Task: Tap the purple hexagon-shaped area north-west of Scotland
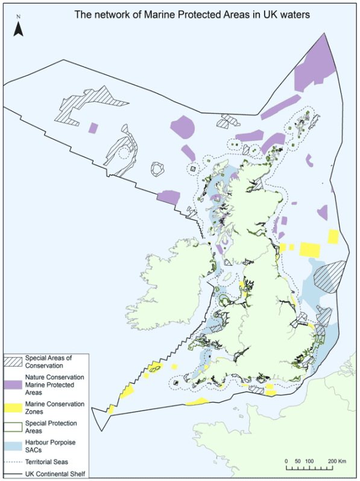coord(183,127)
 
